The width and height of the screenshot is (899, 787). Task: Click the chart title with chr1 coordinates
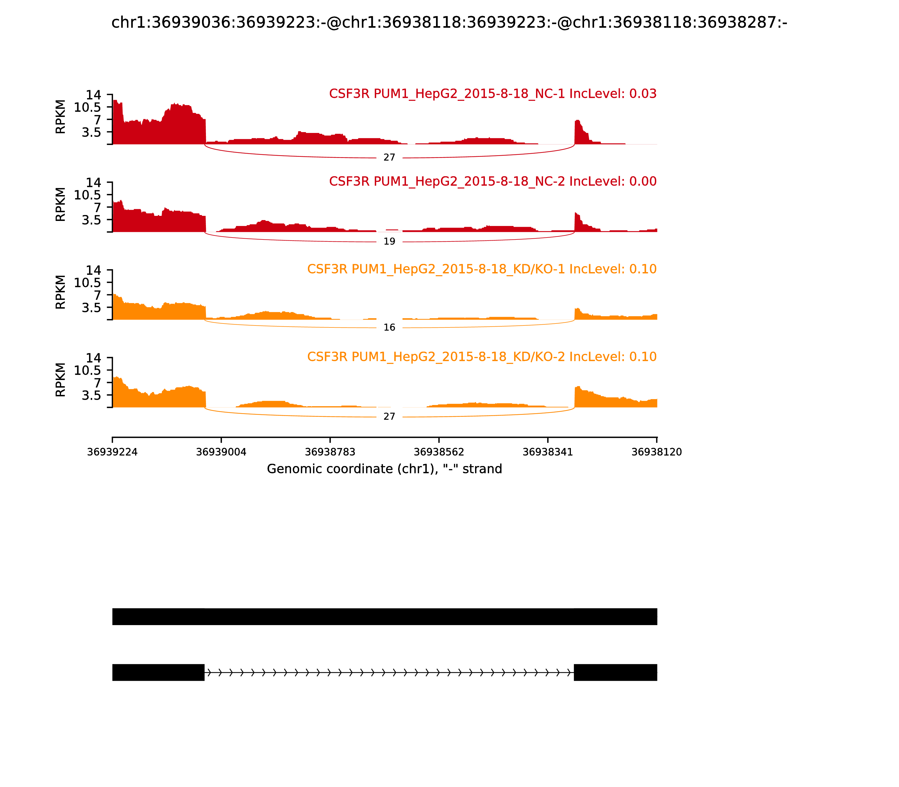click(x=449, y=22)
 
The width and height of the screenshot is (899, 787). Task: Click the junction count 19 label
click(x=389, y=241)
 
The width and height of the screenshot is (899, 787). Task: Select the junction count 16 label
click(x=389, y=328)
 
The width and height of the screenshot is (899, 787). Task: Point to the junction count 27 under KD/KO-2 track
click(x=389, y=417)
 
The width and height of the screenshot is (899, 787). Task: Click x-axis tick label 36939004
click(x=221, y=452)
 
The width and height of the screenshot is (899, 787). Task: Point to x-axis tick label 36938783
click(x=330, y=452)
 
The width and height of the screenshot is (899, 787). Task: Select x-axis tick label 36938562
click(x=439, y=452)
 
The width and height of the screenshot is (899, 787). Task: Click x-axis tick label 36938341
click(x=548, y=452)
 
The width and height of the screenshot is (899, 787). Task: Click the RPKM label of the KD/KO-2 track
click(x=61, y=380)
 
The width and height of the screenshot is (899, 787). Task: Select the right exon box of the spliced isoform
click(x=616, y=672)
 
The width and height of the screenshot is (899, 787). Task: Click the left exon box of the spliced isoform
click(x=158, y=672)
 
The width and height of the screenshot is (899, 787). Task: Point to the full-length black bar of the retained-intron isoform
click(x=385, y=617)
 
